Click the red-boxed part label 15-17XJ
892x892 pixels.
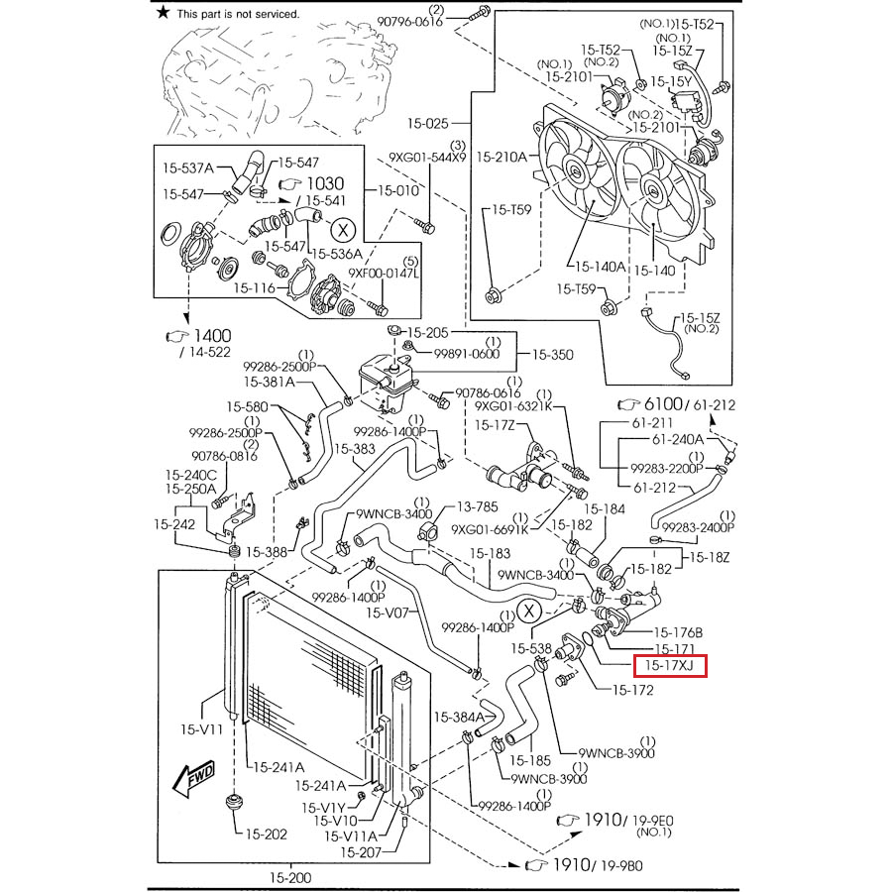point(670,665)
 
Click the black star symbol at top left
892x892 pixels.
point(164,13)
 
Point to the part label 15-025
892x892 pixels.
point(427,125)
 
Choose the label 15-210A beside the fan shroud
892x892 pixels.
point(502,157)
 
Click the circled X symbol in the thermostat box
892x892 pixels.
point(342,230)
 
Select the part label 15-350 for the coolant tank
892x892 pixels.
point(552,354)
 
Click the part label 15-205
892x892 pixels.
point(428,332)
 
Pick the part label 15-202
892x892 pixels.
point(267,834)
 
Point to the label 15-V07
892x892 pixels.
point(388,613)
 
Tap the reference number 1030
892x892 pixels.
point(324,183)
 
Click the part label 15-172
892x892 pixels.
point(632,690)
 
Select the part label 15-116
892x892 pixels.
point(255,288)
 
